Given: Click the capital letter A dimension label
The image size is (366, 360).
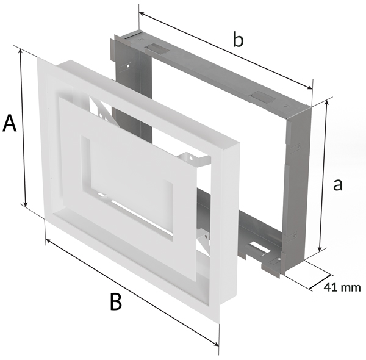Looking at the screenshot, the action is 10,123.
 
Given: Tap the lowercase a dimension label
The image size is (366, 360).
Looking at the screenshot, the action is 338,185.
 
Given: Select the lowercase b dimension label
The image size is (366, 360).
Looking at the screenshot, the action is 238,40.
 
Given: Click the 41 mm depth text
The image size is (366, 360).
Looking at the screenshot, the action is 342,287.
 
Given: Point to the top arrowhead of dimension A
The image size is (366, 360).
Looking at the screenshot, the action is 21,51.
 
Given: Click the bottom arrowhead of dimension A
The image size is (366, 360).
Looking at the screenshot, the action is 26,204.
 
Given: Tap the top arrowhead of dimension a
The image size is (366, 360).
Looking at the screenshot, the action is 327,103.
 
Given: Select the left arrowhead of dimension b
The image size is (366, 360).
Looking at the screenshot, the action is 143,15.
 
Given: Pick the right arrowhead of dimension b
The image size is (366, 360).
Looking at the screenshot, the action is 308,87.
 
